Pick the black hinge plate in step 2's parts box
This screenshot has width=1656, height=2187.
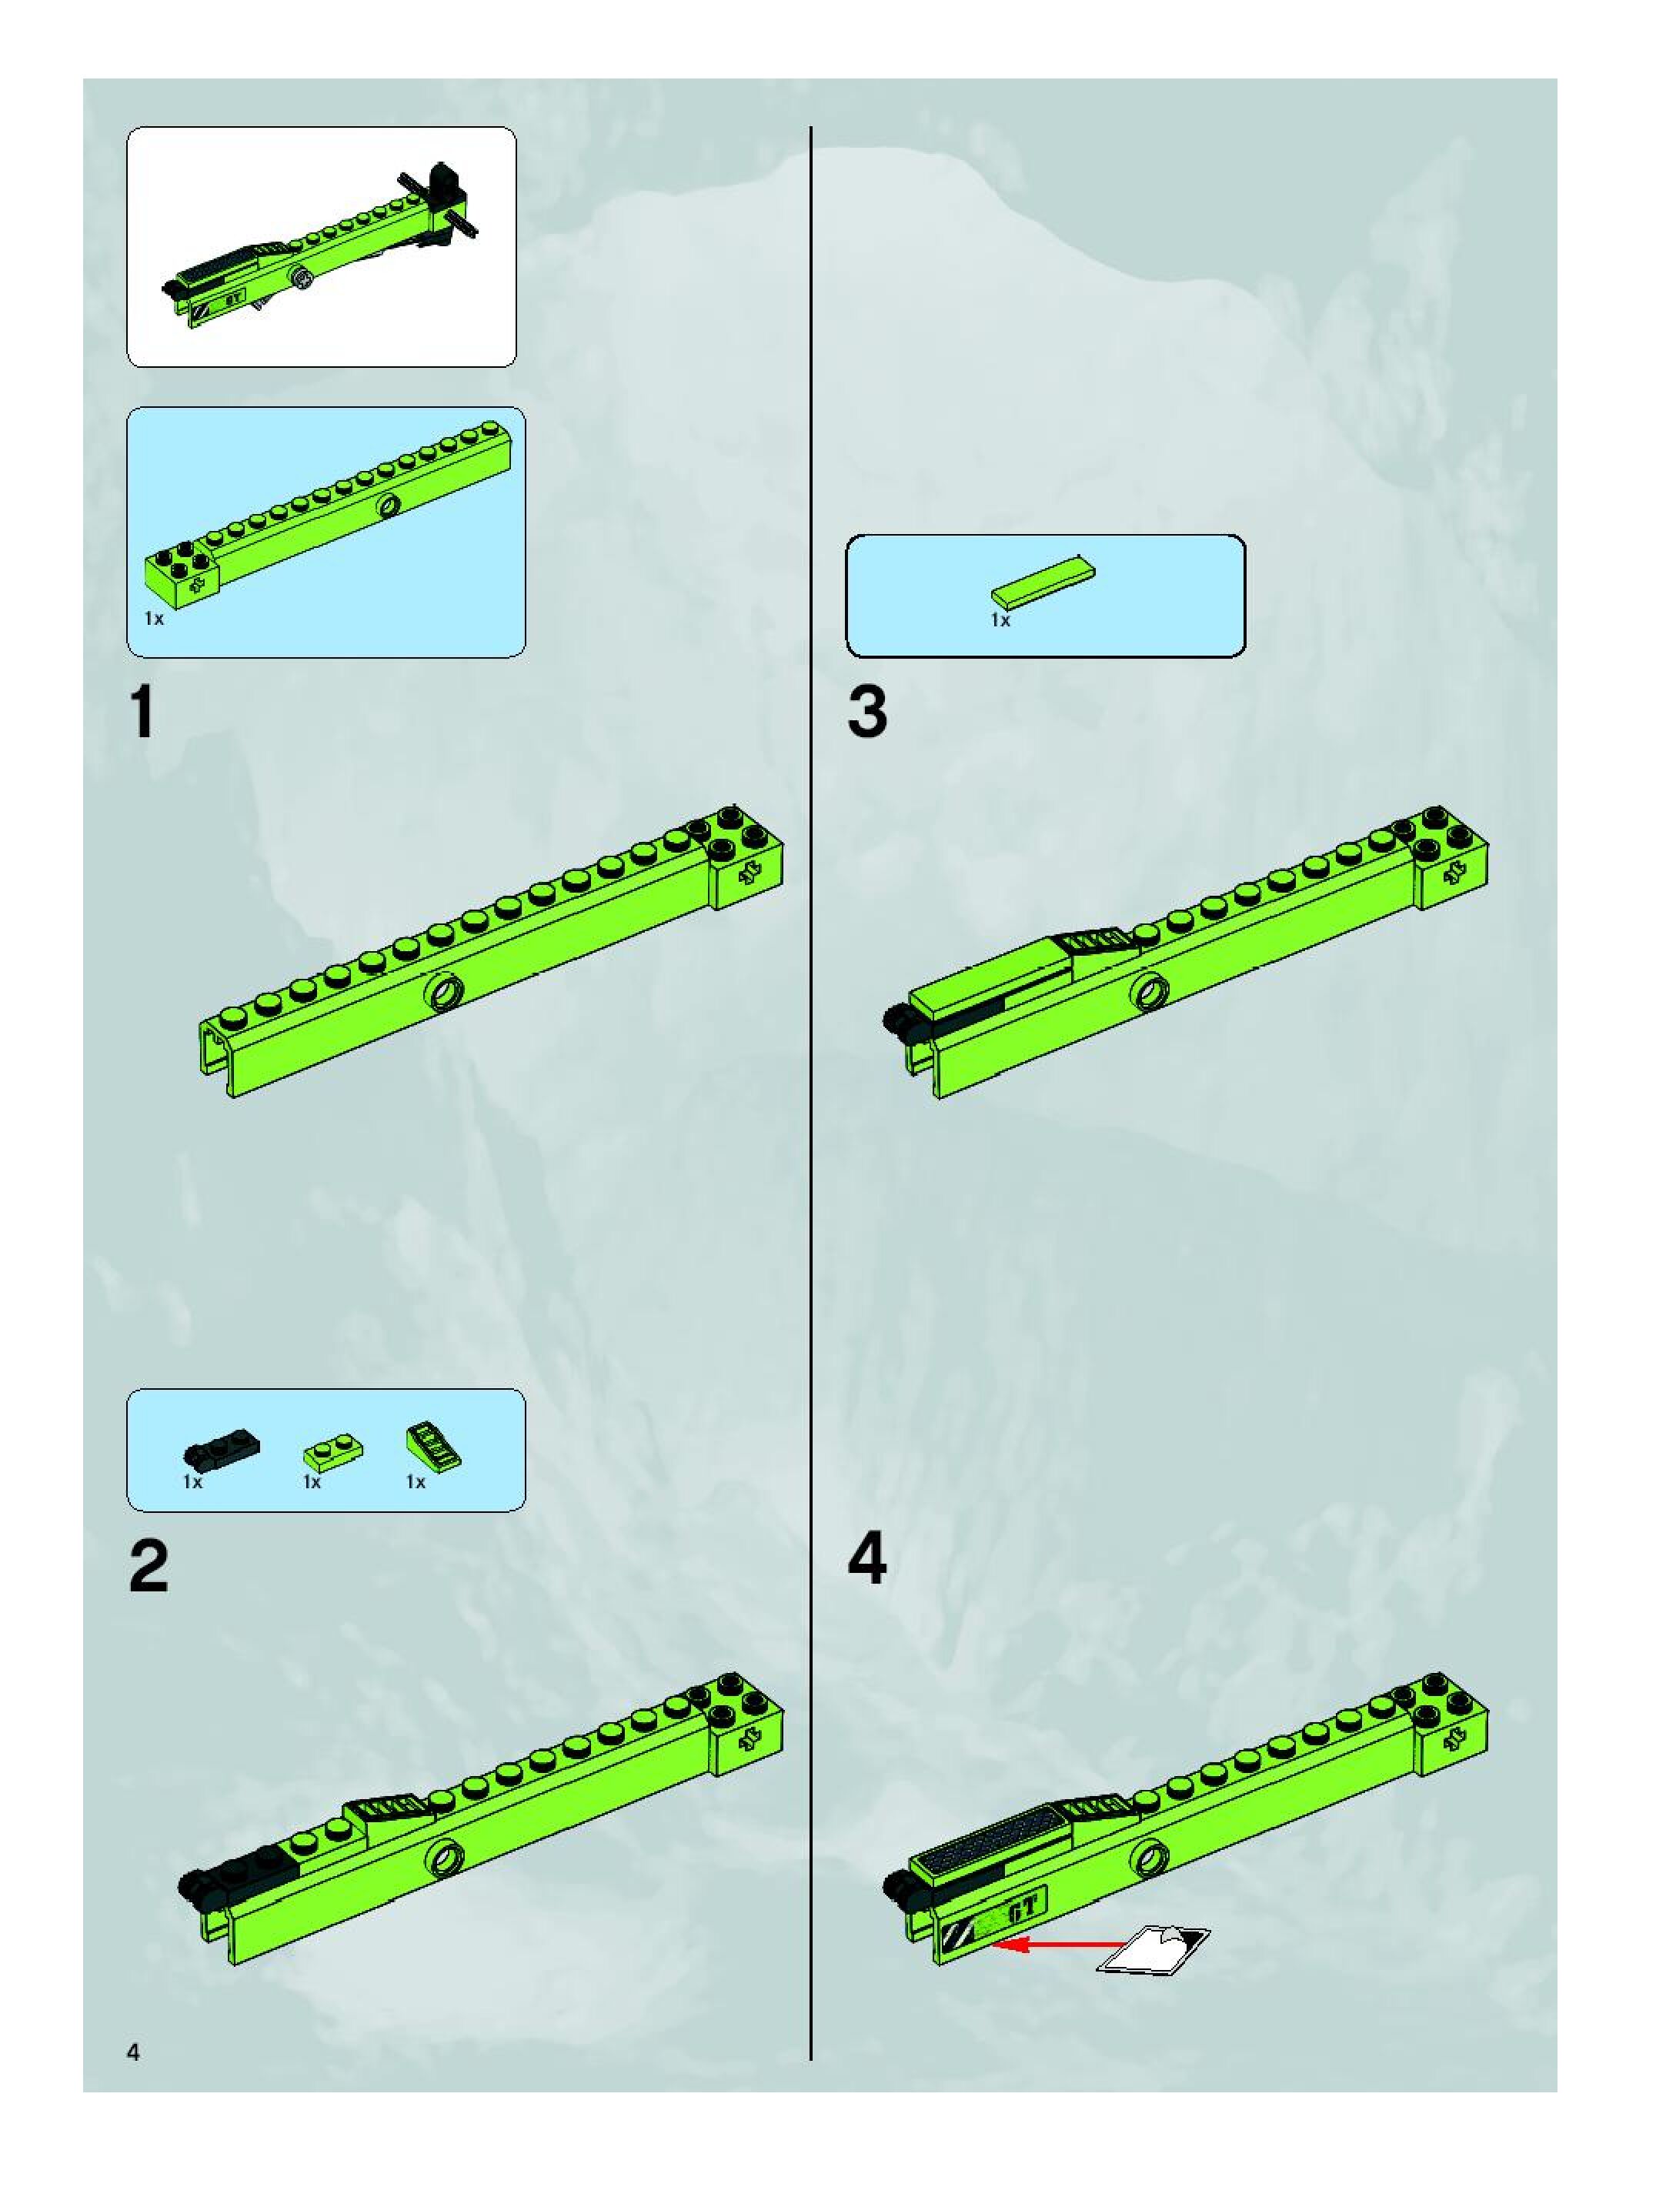(x=222, y=1451)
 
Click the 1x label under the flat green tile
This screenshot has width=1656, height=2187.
(x=1000, y=620)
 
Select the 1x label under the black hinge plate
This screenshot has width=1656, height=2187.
(x=193, y=1482)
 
